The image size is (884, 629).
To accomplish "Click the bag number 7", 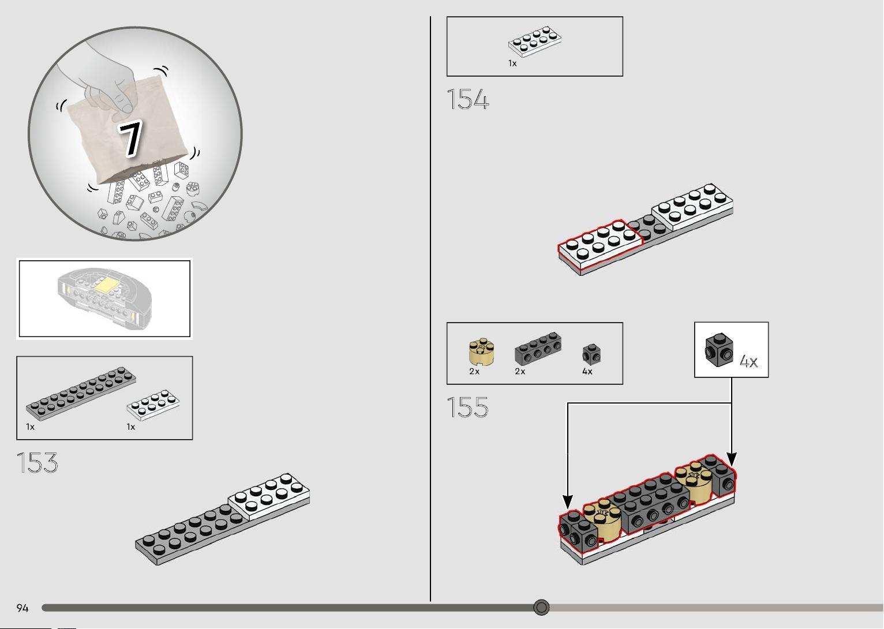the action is point(130,139).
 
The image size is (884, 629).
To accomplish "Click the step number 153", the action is point(37,462).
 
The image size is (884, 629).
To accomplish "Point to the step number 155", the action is point(467,407).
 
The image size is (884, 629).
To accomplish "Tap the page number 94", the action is point(23,608).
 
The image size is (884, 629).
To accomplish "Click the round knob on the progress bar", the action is point(541,607).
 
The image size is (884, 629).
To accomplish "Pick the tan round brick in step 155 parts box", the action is point(481,351).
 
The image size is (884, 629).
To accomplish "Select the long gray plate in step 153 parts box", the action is point(81,394).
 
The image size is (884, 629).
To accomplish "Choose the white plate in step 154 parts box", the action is point(535,42).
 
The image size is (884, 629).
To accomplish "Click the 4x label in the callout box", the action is point(748,361).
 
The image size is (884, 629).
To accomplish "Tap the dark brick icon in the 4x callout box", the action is point(719,350).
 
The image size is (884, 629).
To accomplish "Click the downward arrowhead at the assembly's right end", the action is point(732,459).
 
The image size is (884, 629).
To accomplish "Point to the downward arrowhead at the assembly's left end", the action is point(567,501).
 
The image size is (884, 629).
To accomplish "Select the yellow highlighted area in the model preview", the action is point(106,284).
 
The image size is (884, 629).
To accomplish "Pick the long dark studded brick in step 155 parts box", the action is point(538,348).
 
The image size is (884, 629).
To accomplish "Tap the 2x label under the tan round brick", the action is point(474,371).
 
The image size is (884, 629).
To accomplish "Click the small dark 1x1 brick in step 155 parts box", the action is point(591,354).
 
